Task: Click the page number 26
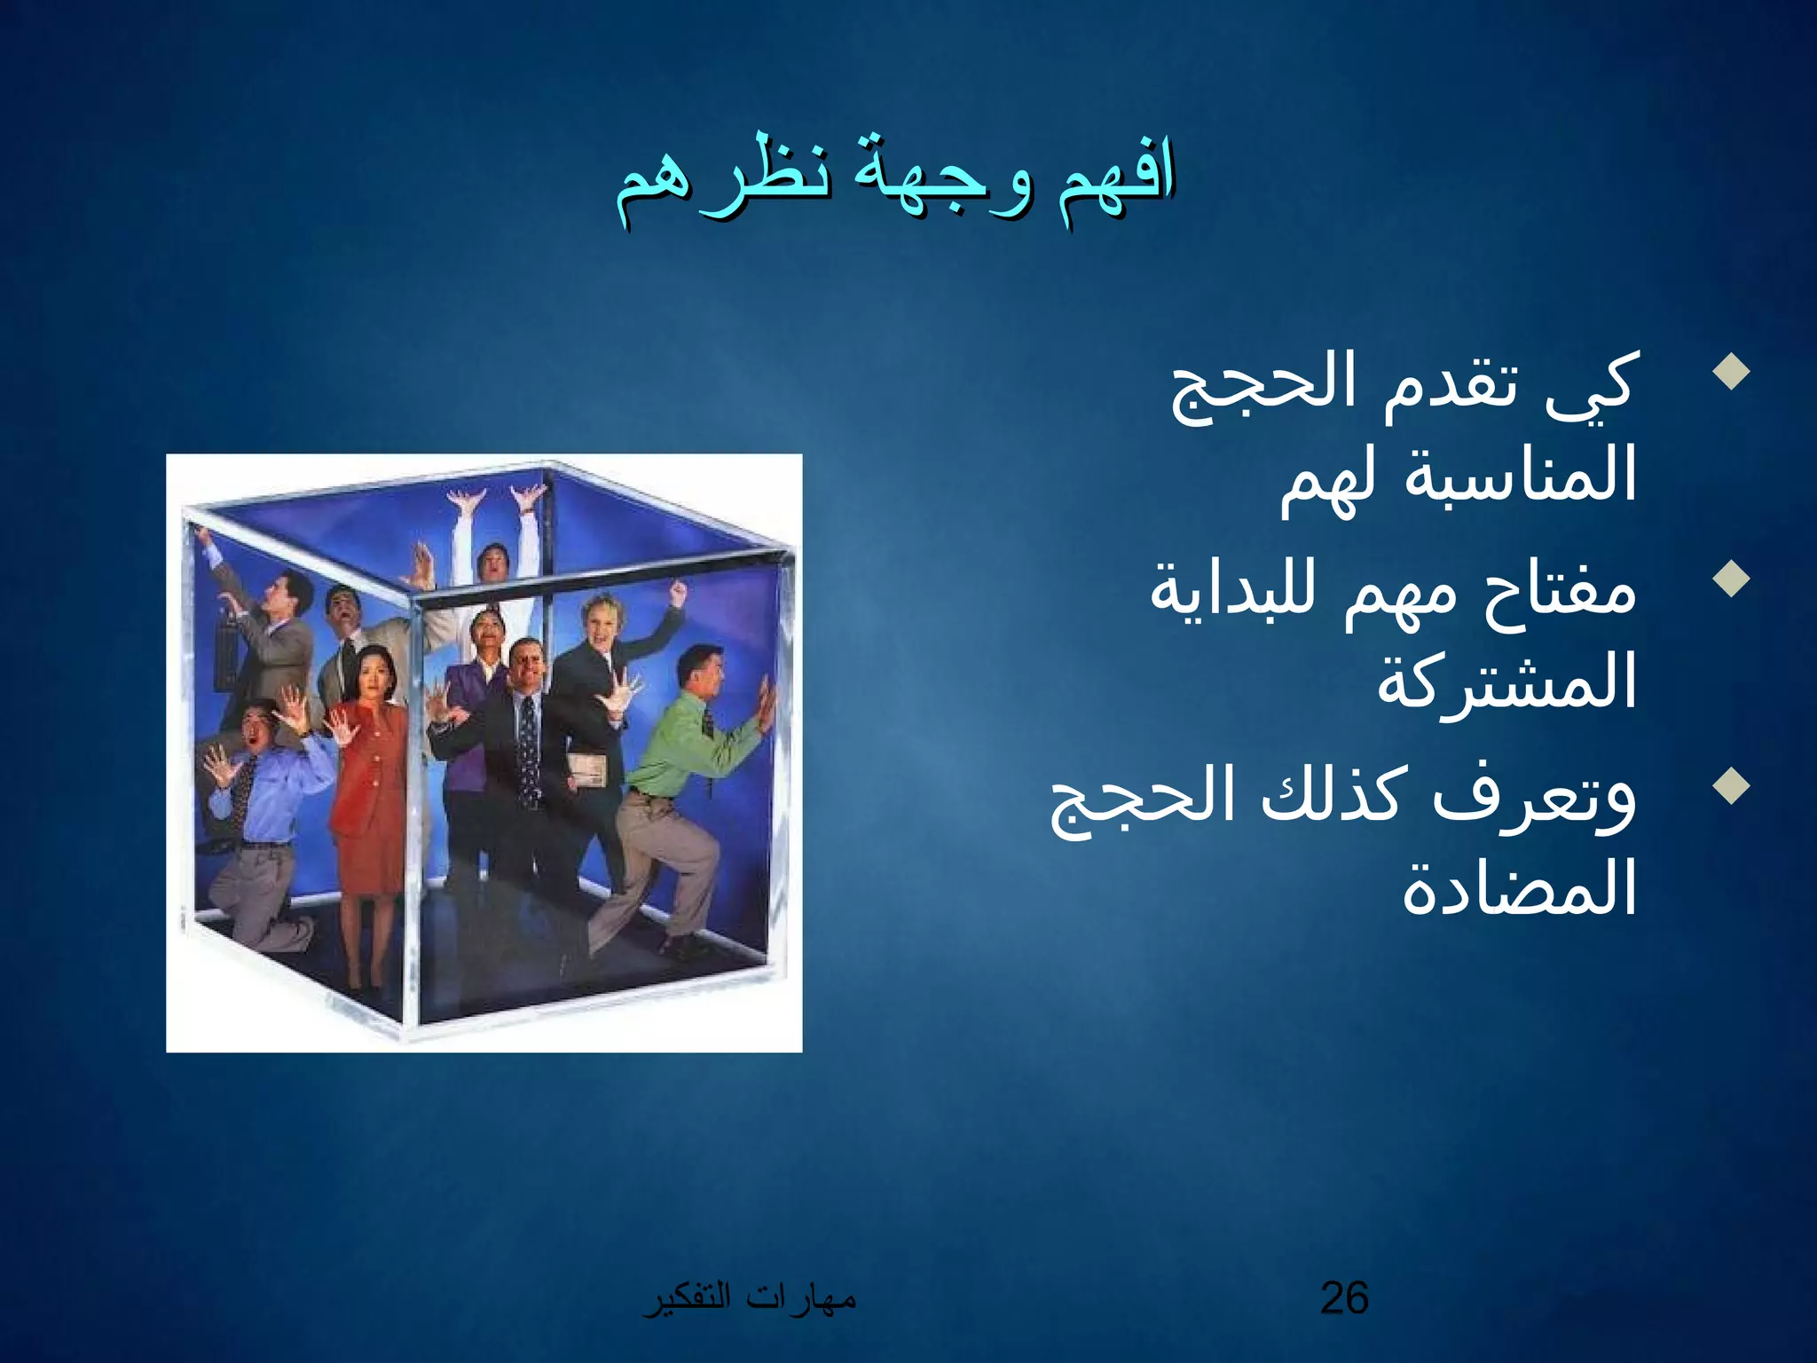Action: (x=1344, y=1298)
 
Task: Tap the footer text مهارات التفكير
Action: (x=750, y=1298)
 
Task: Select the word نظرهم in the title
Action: (x=723, y=181)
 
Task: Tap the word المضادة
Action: (x=1518, y=888)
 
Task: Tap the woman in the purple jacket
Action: (x=475, y=710)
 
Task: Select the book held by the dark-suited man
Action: (x=587, y=770)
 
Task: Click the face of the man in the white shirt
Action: (x=492, y=563)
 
